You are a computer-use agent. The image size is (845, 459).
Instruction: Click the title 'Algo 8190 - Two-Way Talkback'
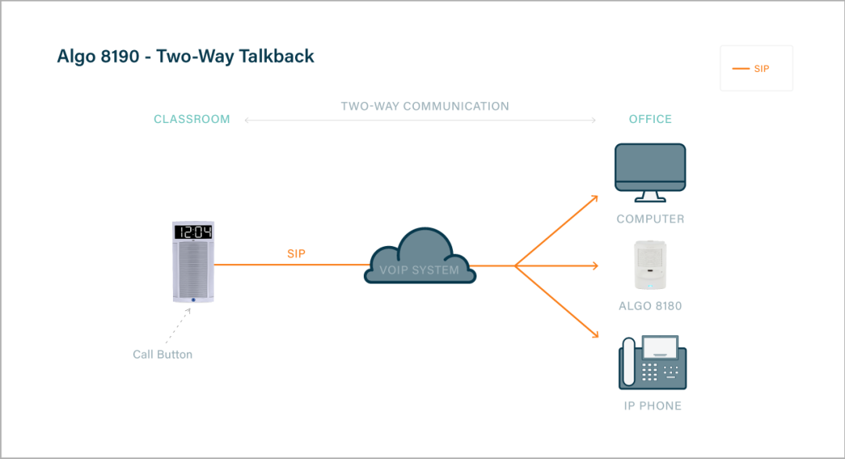[185, 56]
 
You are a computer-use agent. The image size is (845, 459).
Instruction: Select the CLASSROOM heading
[192, 120]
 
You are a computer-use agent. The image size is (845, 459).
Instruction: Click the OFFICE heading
[650, 120]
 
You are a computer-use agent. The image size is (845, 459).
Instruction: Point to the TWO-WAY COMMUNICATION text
[425, 107]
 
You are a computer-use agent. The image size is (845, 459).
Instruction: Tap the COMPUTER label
[650, 219]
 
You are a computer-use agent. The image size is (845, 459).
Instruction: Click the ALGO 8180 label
[650, 306]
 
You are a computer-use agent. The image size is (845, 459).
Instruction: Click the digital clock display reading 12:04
[193, 232]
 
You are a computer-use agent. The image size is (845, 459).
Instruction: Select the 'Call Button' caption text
[163, 355]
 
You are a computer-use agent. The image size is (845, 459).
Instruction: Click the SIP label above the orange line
[296, 255]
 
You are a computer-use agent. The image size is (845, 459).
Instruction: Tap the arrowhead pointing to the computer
[595, 197]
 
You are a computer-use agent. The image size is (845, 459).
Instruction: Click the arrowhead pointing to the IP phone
[595, 336]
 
